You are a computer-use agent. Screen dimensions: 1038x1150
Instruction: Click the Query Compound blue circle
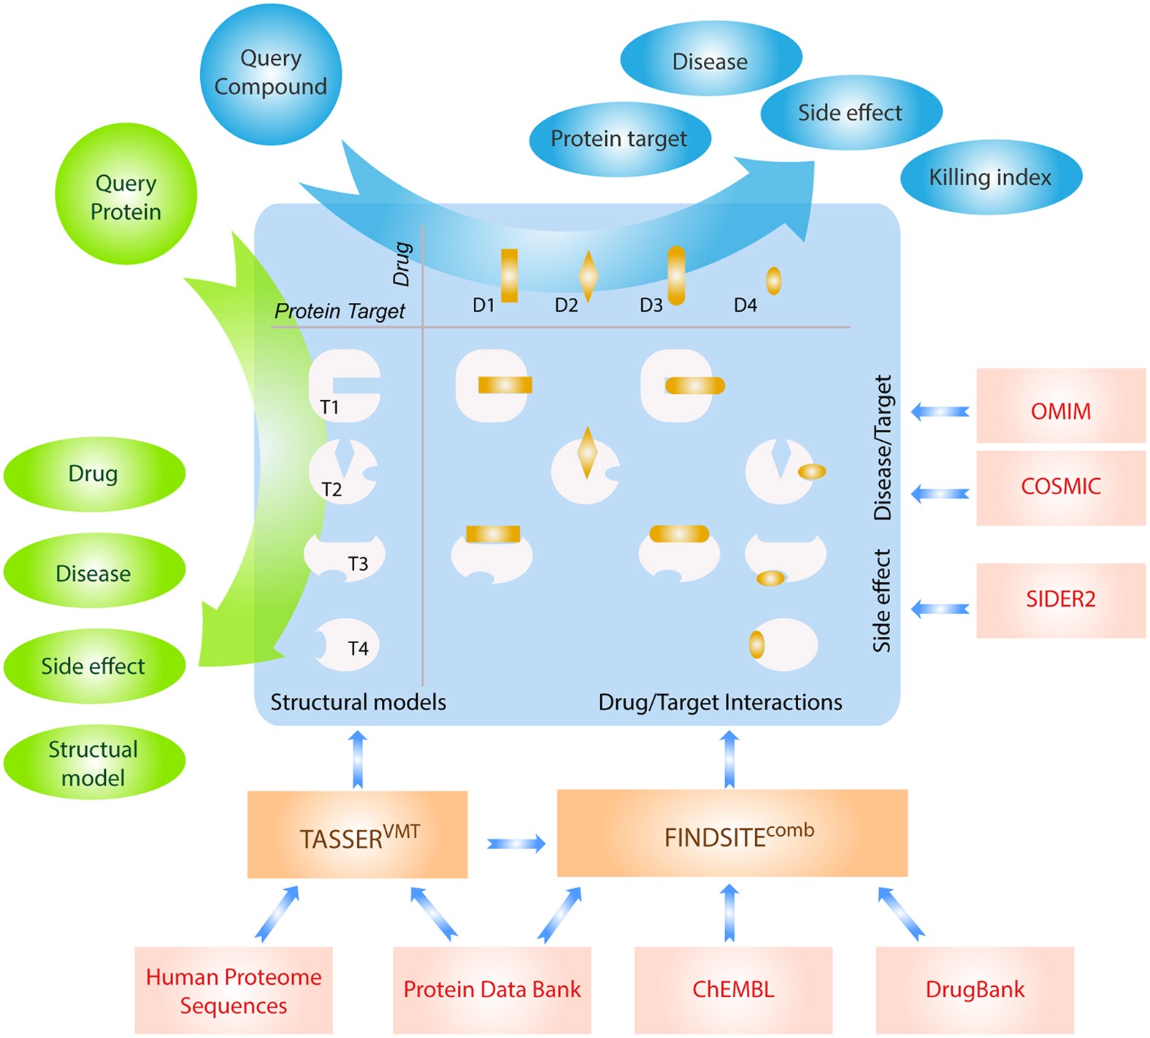[x=270, y=74]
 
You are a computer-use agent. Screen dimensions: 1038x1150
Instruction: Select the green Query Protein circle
[x=126, y=194]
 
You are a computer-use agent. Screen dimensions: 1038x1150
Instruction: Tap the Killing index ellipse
[x=990, y=177]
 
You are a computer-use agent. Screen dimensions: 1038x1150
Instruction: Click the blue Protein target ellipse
[x=619, y=139]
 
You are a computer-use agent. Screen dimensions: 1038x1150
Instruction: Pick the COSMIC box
[x=1060, y=488]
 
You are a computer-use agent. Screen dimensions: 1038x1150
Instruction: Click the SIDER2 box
[x=1060, y=600]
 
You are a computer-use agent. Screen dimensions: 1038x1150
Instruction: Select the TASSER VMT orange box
[x=357, y=834]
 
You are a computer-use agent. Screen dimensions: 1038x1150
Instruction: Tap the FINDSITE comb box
[x=732, y=833]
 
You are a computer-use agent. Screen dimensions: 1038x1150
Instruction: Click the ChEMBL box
[x=732, y=990]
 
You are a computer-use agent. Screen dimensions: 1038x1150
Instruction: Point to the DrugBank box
[x=974, y=990]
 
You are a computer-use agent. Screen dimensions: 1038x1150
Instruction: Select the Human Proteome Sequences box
[x=234, y=990]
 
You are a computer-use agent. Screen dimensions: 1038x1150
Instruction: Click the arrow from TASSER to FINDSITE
[x=515, y=844]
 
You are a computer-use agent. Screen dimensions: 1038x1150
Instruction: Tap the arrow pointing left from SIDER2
[x=940, y=608]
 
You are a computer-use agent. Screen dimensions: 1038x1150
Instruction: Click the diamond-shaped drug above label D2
[x=588, y=277]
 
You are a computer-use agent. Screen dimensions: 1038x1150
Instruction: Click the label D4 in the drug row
[x=745, y=305]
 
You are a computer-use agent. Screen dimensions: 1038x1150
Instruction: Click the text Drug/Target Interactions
[x=720, y=702]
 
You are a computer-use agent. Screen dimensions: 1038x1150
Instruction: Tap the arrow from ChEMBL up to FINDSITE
[x=729, y=912]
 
